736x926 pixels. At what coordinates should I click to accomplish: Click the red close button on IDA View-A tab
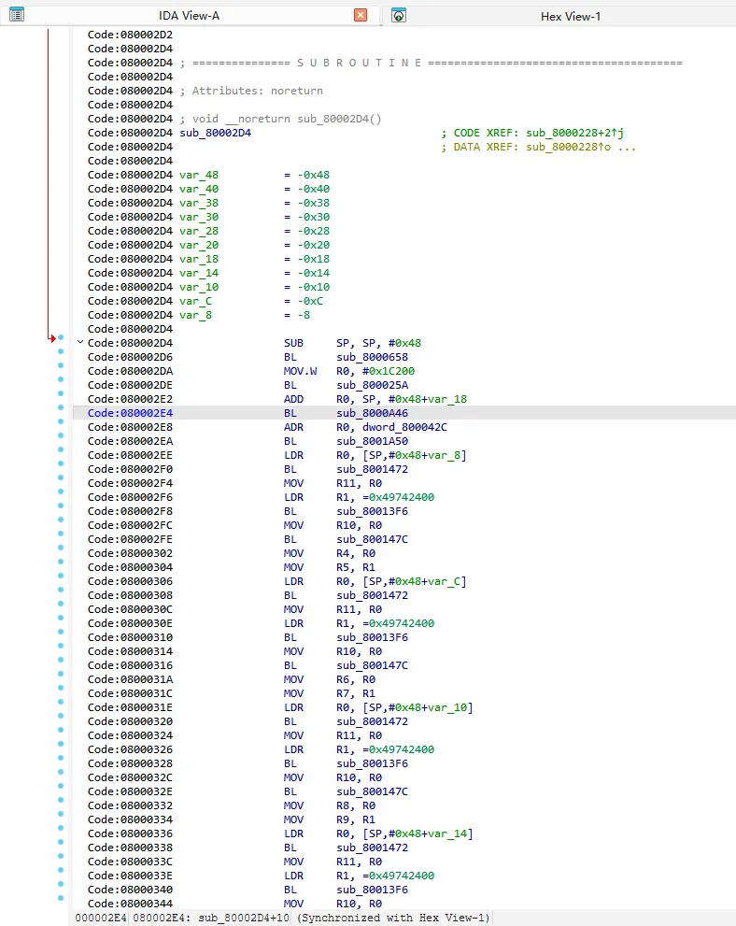pyautogui.click(x=361, y=15)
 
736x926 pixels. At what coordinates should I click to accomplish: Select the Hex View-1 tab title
pyautogui.click(x=570, y=17)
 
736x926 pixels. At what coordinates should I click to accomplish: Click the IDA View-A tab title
pyautogui.click(x=189, y=16)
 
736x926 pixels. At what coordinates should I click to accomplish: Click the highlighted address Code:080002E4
pyautogui.click(x=131, y=413)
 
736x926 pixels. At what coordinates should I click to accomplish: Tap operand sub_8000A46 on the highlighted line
pyautogui.click(x=372, y=413)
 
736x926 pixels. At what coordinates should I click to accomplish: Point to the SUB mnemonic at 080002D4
pyautogui.click(x=293, y=343)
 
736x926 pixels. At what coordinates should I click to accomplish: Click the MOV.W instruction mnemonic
pyautogui.click(x=300, y=371)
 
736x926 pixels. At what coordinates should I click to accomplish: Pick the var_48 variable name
pyautogui.click(x=199, y=175)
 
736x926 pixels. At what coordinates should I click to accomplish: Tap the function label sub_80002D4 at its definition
pyautogui.click(x=216, y=133)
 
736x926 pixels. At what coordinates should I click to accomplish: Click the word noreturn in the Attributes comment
pyautogui.click(x=297, y=91)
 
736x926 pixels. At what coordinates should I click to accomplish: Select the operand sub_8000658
pyautogui.click(x=372, y=357)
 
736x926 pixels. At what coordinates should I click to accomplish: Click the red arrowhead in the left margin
pyautogui.click(x=52, y=338)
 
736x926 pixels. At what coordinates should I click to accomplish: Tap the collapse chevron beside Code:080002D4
pyautogui.click(x=80, y=342)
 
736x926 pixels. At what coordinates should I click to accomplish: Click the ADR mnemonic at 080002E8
pyautogui.click(x=293, y=427)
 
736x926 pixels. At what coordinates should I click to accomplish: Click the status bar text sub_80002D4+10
pyautogui.click(x=244, y=918)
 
